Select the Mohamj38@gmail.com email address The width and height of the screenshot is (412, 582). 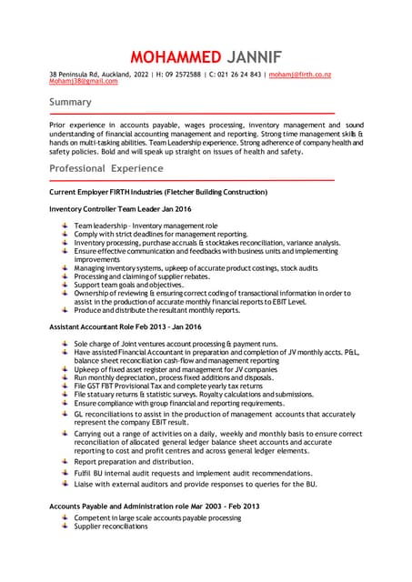tap(83, 81)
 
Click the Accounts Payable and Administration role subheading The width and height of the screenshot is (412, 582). tap(154, 506)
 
